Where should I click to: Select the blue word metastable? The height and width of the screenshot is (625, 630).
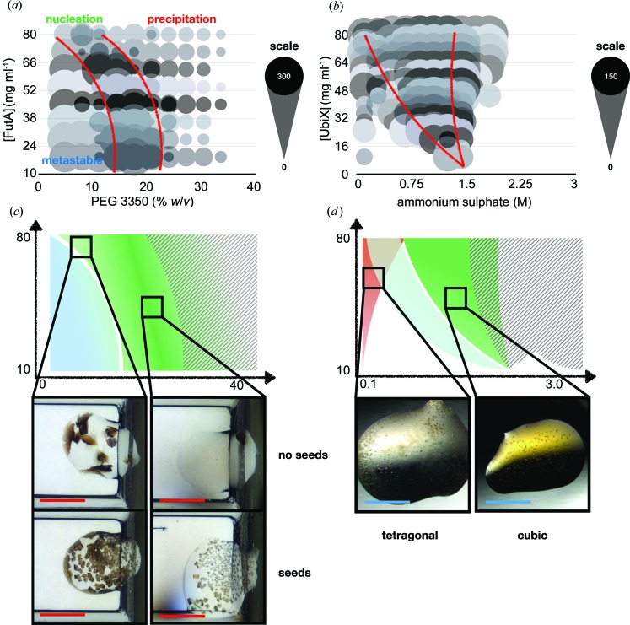point(71,159)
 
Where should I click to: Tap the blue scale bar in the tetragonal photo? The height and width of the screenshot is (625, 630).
point(387,502)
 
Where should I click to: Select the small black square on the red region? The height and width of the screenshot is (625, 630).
point(373,277)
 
